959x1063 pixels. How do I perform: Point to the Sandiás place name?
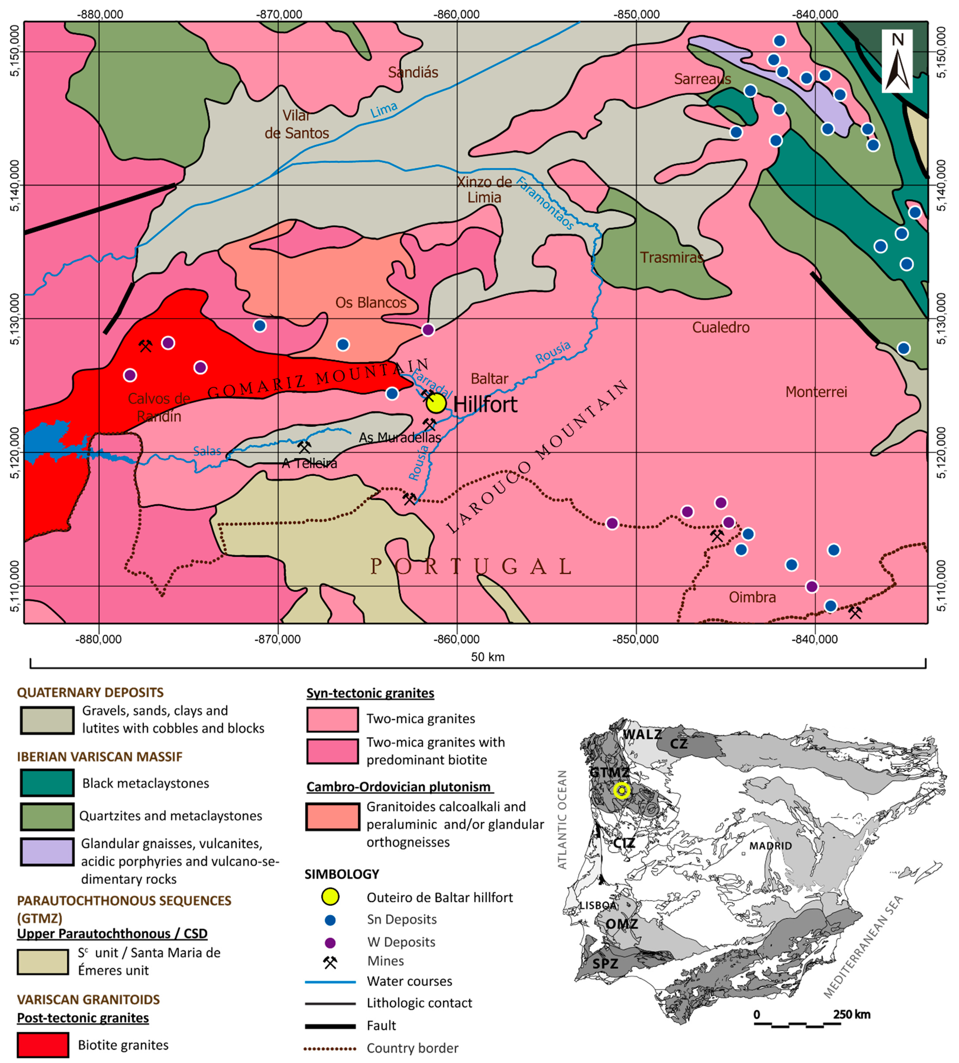(x=413, y=72)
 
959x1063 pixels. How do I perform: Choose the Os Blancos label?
(x=371, y=303)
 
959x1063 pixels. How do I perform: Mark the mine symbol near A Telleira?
(x=304, y=447)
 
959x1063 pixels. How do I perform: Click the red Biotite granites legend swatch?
(x=43, y=1044)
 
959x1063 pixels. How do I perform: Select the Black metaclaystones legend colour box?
(x=47, y=783)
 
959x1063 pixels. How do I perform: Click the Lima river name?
(x=384, y=110)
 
